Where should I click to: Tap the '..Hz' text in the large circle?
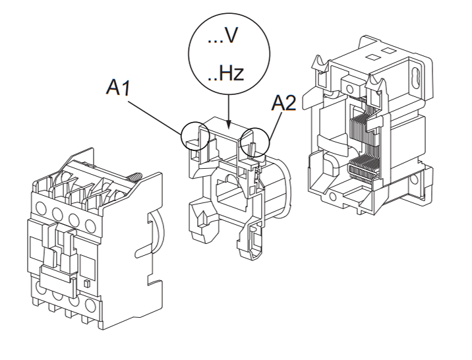[x=225, y=73]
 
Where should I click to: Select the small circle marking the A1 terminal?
[x=195, y=136]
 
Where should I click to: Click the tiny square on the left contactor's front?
[x=87, y=283]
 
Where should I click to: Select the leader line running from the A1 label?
[x=156, y=112]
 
